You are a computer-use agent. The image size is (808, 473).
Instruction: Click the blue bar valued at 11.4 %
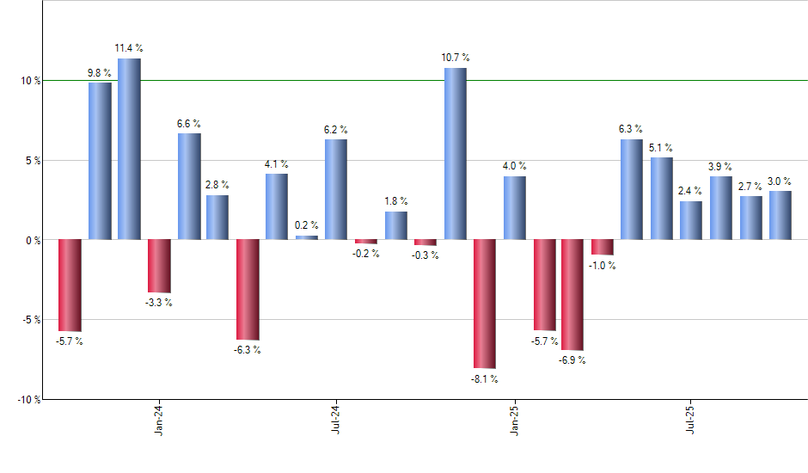[129, 149]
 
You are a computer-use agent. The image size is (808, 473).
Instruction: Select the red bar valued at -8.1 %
[485, 304]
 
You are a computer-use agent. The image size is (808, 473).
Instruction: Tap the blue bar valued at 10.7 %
[455, 153]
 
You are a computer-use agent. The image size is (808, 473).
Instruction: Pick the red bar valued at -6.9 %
[572, 294]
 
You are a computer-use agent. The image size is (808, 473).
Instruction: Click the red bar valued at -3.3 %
[159, 266]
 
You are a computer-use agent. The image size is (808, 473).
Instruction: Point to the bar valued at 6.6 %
[189, 186]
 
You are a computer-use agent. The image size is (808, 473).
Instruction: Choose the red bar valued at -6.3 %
[248, 289]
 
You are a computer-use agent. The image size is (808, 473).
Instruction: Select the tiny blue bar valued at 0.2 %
[307, 237]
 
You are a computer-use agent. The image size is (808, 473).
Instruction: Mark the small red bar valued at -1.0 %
[603, 247]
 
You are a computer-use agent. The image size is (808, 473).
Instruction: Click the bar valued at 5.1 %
[662, 198]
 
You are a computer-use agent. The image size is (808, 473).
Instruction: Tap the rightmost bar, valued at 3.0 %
[780, 215]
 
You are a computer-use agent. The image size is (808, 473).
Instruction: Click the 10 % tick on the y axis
[31, 81]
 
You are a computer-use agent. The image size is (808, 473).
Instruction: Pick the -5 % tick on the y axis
[31, 320]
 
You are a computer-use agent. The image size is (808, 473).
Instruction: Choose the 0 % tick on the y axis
[33, 240]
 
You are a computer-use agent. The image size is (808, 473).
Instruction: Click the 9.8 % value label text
[100, 74]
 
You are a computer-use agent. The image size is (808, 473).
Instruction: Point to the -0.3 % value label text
[425, 255]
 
